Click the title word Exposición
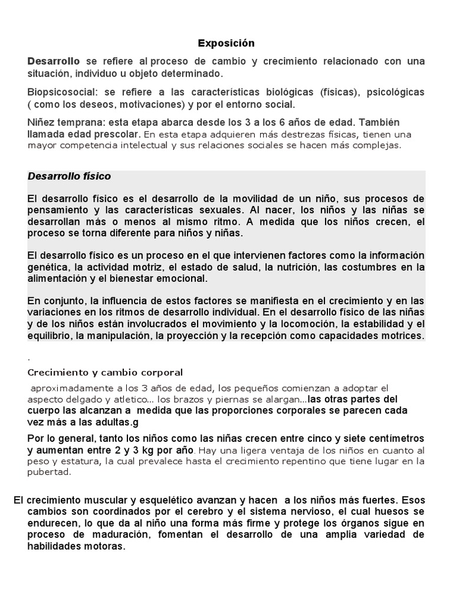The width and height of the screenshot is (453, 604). coord(226,43)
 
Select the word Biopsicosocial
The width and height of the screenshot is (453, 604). coord(61,93)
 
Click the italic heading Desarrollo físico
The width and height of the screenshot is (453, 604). coord(69,176)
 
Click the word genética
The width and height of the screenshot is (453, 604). coord(48,267)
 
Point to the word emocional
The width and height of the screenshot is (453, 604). coord(182,278)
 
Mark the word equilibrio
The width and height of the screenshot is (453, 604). coord(50,336)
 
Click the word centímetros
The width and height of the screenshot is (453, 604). coord(391,438)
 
